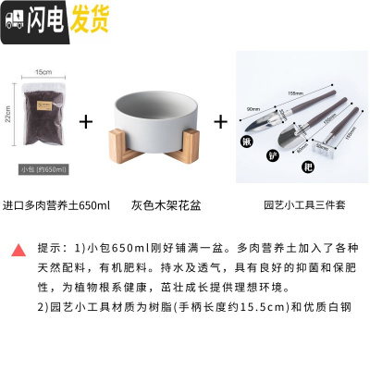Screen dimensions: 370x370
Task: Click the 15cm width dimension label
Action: [x=43, y=71]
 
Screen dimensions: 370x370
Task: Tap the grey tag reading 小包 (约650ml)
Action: [x=43, y=168]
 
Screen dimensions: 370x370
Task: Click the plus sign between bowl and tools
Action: [x=220, y=121]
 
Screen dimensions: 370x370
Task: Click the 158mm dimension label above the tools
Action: [x=295, y=92]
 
